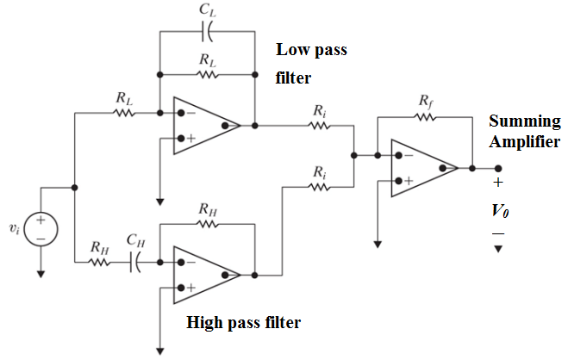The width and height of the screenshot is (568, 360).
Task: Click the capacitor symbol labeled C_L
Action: pyautogui.click(x=207, y=32)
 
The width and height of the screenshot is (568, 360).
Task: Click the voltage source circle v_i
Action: pyautogui.click(x=41, y=229)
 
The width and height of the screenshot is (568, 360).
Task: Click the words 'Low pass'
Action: pyautogui.click(x=311, y=50)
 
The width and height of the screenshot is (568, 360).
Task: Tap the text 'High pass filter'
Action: pyautogui.click(x=244, y=324)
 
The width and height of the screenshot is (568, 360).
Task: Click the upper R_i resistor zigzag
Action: pyautogui.click(x=320, y=126)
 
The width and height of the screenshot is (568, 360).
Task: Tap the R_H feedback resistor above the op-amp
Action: pyautogui.click(x=207, y=221)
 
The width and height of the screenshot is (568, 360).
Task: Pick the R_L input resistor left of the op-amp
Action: pyautogui.click(x=125, y=112)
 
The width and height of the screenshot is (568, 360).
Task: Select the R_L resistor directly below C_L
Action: pyautogui.click(x=207, y=73)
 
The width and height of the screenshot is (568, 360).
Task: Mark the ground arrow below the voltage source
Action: pyautogui.click(x=41, y=274)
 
